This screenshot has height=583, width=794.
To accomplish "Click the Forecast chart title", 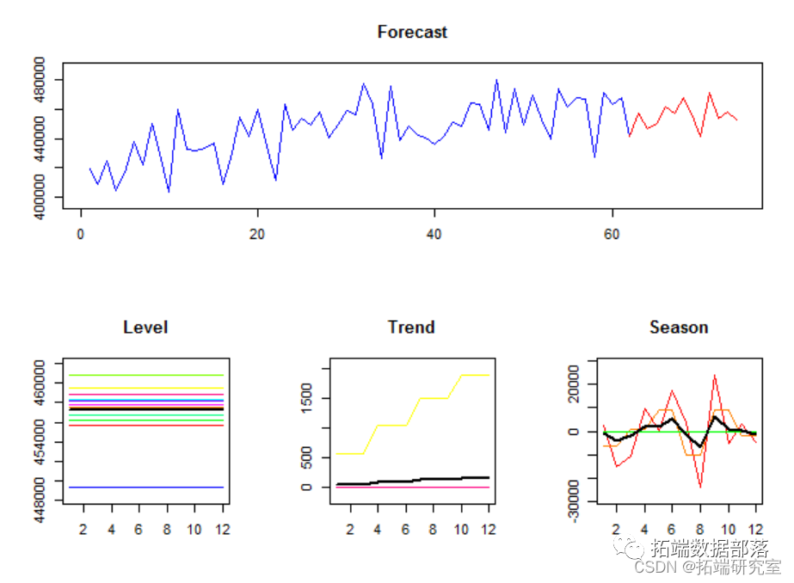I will pos(412,33).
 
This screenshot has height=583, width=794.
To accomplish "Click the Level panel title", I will pos(145,328).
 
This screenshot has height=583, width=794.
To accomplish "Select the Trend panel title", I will pos(411,328).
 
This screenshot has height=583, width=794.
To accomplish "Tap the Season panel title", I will pos(679,328).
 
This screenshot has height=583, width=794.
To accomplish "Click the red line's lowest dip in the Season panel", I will pos(700,487).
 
